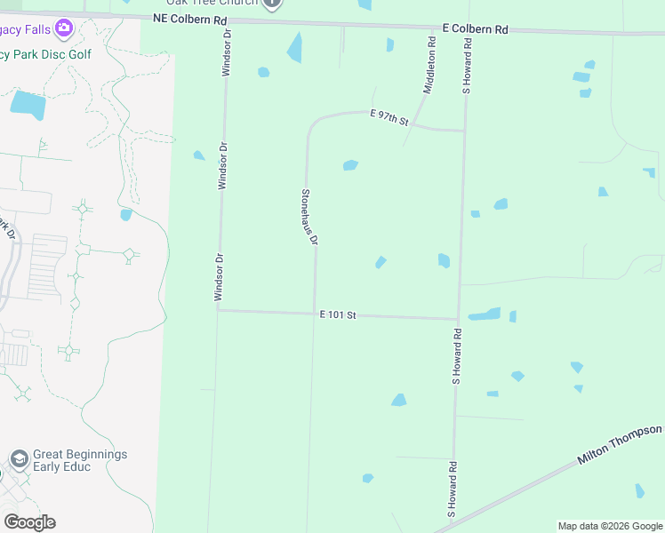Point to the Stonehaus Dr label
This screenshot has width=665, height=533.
point(309,217)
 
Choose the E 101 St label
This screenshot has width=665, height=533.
point(338,314)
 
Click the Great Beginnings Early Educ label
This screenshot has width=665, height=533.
point(80,459)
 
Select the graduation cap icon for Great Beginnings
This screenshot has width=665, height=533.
point(19,458)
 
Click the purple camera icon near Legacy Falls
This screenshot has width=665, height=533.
point(63,28)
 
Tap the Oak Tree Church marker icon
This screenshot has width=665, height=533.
point(273,4)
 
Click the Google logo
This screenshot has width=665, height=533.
point(29,521)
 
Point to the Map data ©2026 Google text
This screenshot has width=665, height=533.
point(609,526)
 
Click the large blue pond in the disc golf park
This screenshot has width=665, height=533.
point(28,105)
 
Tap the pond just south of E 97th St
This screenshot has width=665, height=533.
point(350,165)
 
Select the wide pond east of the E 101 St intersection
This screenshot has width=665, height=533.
point(485,314)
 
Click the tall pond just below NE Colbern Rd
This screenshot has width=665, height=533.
point(294,48)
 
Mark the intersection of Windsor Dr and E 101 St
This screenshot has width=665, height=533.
point(218,310)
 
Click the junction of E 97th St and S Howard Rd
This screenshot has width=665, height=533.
point(465,131)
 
